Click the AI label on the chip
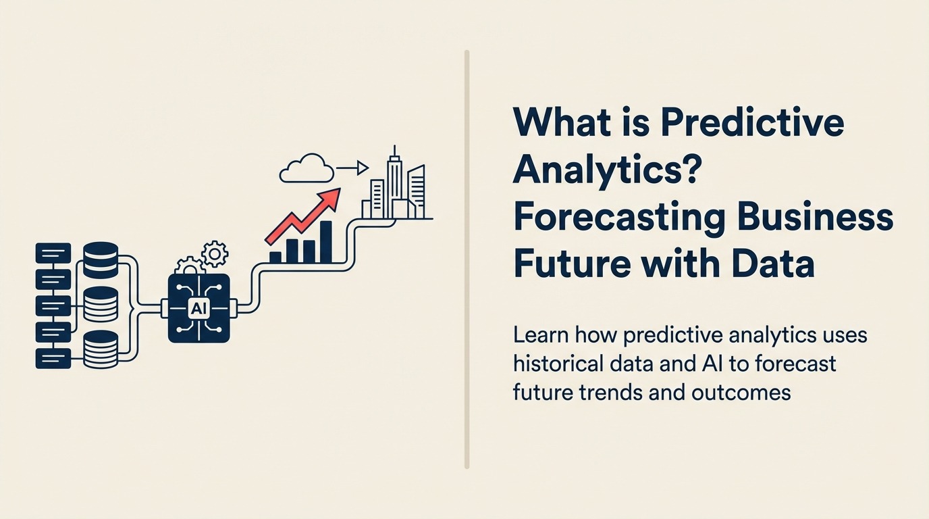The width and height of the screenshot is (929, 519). point(198,309)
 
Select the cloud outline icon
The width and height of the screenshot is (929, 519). point(307,170)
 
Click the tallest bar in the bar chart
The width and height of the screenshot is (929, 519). point(325,242)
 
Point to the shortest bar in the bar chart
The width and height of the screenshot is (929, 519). point(275,257)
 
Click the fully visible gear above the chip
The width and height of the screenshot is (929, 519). point(215,254)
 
